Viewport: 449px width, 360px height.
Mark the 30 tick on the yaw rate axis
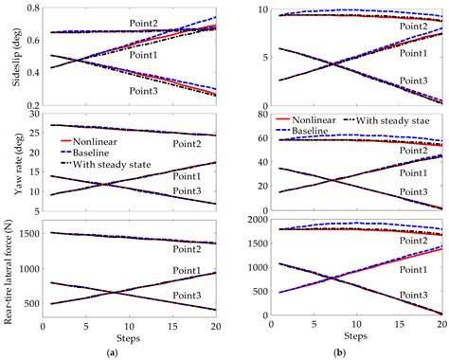31,115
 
